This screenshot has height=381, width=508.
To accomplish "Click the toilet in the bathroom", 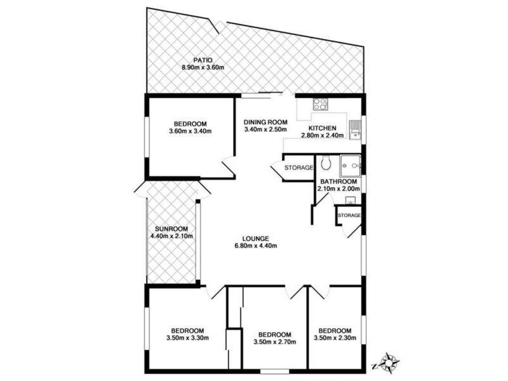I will point(326,164).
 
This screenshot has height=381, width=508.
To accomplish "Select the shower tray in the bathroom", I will point(350,166).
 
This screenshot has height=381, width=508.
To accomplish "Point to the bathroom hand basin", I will point(350,201).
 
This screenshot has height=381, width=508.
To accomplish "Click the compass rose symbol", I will point(389,363).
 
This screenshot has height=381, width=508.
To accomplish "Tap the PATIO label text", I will point(203,60).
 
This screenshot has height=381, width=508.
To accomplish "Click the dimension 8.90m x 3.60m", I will point(203,68).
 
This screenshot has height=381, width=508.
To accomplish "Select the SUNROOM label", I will point(171,229).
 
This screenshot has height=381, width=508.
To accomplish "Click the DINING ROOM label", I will point(266,123).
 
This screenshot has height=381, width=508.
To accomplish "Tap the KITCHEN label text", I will point(322,128).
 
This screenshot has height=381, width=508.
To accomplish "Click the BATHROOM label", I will point(340,181).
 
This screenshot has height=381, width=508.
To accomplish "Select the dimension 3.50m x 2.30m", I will point(335,338).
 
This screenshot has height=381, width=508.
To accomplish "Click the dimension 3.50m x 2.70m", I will point(274,342).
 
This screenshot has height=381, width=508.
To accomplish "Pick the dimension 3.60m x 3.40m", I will point(190,131).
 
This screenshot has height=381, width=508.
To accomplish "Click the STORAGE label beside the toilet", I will point(298,168).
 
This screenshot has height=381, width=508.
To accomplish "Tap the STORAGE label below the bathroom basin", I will point(349,215).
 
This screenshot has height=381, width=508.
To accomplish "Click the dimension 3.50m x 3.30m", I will point(187,338).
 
